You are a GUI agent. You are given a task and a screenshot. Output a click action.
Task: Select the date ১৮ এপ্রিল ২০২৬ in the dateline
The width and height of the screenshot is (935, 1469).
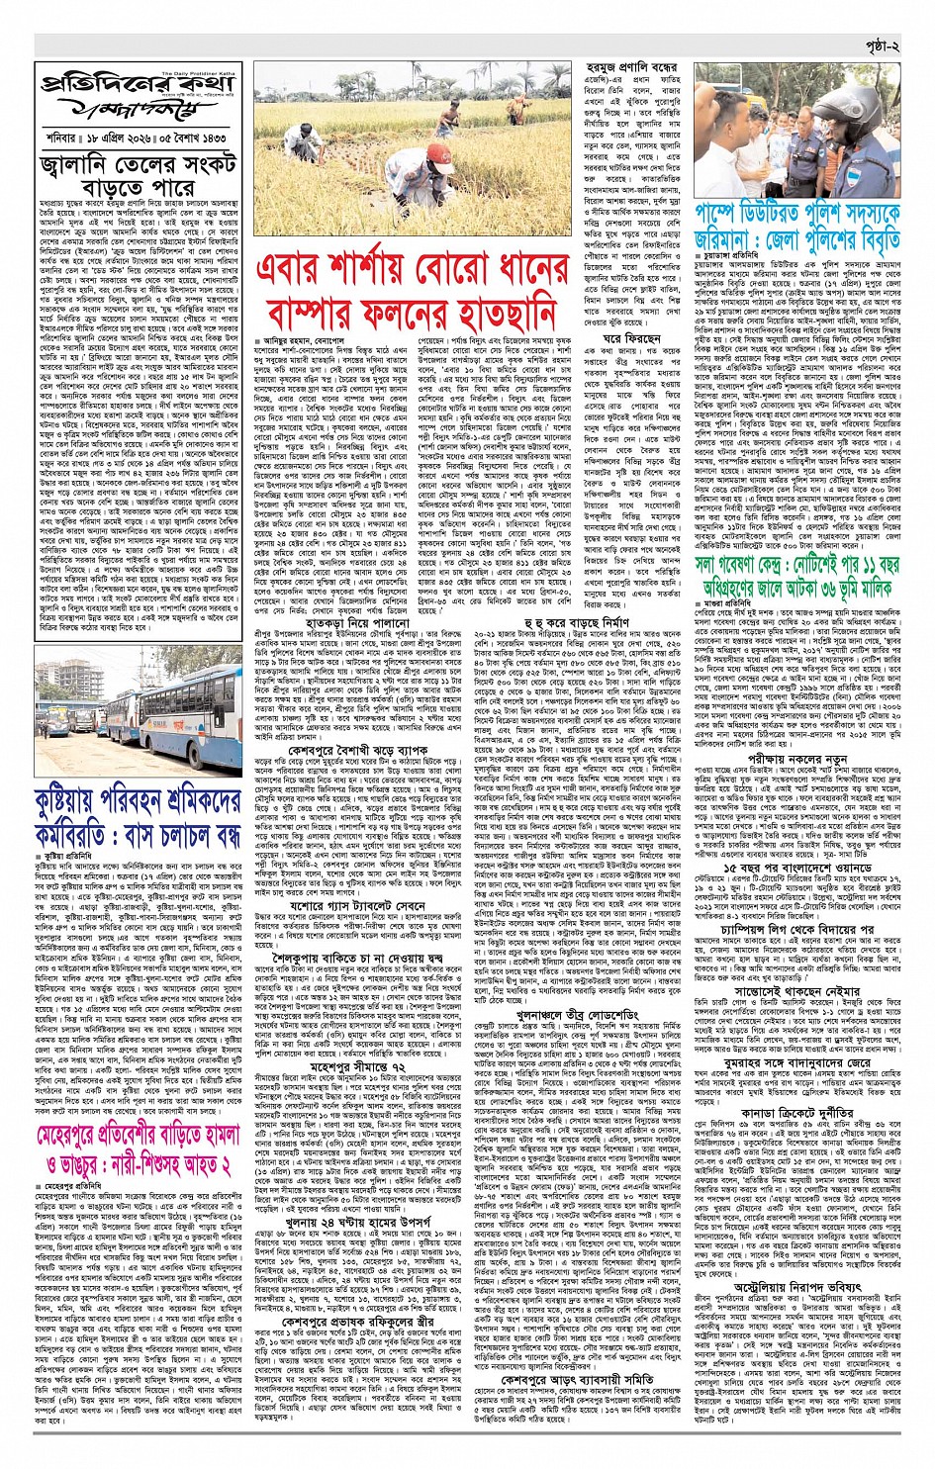pos(126,139)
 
